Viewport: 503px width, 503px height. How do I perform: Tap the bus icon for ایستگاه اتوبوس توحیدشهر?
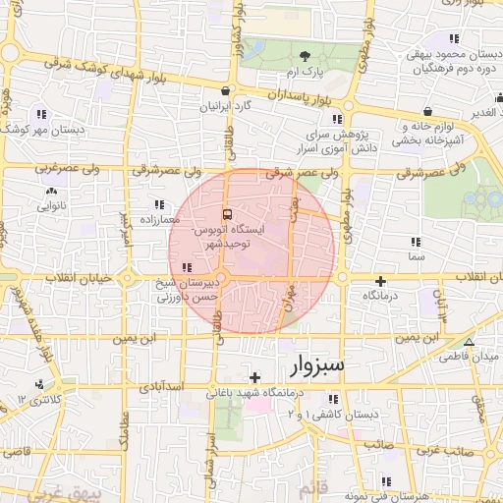(x=228, y=214)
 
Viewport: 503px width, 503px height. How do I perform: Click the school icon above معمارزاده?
(x=158, y=204)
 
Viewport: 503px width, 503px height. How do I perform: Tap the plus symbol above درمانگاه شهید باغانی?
(x=254, y=377)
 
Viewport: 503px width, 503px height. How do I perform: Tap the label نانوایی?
(x=51, y=207)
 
